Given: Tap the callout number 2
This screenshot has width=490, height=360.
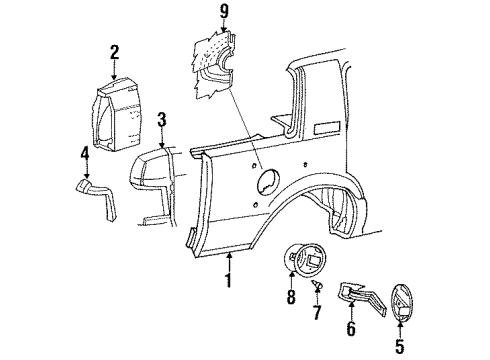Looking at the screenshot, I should [115, 53].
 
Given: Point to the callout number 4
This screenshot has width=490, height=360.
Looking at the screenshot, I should [84, 153].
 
